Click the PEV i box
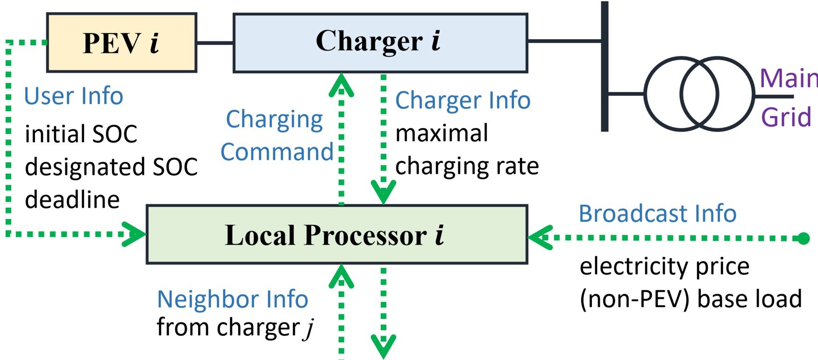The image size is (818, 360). point(121,43)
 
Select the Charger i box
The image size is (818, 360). point(380,43)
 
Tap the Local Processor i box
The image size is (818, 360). point(336,234)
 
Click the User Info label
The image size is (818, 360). point(73,96)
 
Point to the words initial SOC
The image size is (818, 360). point(81,134)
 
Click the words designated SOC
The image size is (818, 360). point(111,167)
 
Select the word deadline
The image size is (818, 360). point(72,200)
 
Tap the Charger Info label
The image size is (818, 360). point(462,100)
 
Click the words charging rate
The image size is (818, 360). point(467,166)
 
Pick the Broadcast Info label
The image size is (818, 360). point(657,214)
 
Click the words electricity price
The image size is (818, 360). point(664,267)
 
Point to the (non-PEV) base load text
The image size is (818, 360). point(690,299)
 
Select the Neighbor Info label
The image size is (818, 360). point(232,299)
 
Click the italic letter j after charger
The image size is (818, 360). point(309,329)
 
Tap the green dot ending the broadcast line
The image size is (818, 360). point(803,239)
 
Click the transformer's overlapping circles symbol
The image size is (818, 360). point(699,94)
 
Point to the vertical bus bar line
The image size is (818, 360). point(605,65)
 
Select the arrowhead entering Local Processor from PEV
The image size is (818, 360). point(135,234)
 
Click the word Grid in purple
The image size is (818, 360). point(786,117)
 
